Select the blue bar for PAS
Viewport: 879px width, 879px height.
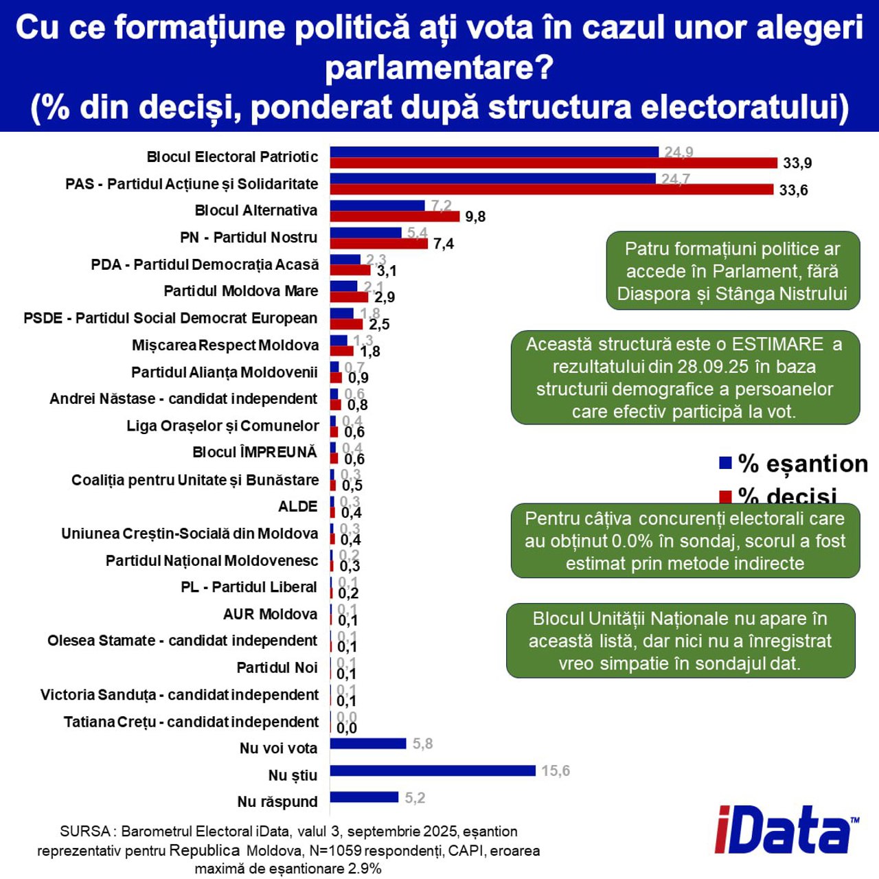(492, 179)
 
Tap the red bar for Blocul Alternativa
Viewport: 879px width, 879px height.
(394, 216)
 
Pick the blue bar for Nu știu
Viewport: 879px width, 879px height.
(432, 770)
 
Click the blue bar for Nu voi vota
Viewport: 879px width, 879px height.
(368, 743)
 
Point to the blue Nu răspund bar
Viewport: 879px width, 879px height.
(364, 797)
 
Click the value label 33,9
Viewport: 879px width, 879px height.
(797, 163)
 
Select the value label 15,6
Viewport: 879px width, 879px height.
(556, 770)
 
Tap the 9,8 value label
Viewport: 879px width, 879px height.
(475, 217)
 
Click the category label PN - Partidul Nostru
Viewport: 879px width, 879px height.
(249, 238)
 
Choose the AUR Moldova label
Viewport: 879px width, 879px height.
(270, 614)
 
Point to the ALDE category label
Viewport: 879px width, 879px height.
(297, 507)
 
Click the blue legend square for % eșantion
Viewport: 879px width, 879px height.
(725, 463)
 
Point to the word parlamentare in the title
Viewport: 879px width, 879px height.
(439, 67)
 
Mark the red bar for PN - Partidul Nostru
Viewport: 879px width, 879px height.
(378, 243)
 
